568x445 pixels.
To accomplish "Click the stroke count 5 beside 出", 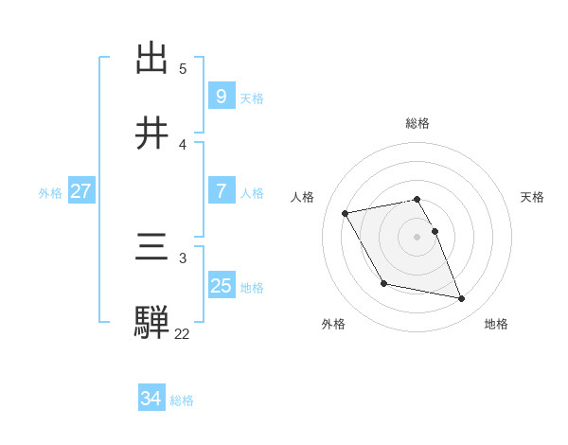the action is [183, 69].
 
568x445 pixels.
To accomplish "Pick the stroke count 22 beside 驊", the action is [182, 333].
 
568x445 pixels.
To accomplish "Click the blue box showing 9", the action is [221, 96].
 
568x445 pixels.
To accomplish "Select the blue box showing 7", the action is [221, 191].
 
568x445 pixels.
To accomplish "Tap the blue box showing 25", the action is [221, 285].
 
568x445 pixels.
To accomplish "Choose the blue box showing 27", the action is [80, 191].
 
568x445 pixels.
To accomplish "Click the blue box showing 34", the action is [151, 399].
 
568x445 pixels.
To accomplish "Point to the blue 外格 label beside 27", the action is [50, 192].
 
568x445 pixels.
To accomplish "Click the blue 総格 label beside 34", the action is [182, 400].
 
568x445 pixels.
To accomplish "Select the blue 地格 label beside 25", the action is [252, 287].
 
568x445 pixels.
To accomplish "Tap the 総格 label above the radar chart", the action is [417, 123].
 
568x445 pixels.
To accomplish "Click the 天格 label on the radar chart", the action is [533, 197].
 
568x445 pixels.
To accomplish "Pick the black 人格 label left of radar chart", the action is [303, 197].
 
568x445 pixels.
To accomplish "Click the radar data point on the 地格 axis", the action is [462, 299].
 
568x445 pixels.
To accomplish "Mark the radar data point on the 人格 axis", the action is [346, 213].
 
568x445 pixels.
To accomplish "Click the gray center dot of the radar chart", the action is [417, 236].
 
